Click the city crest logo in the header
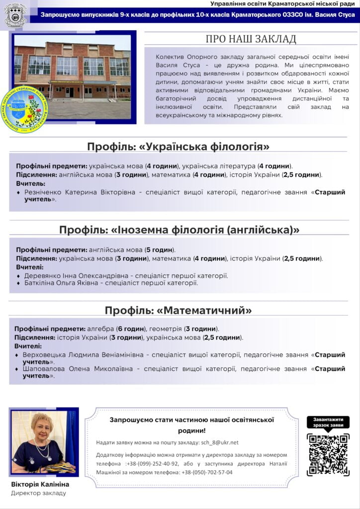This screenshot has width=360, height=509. click(15, 15)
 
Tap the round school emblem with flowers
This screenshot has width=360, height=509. click(24, 110)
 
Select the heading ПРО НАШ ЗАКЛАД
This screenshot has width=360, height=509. click(251, 39)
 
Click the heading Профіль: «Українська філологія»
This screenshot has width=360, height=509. click(179, 147)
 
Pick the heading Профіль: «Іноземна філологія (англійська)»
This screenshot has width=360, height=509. click(179, 230)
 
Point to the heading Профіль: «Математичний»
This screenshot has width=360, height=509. click(179, 311)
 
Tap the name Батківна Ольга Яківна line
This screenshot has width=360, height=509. click(59, 283)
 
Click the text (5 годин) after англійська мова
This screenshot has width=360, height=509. click(160, 250)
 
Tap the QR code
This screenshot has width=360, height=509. click(328, 454)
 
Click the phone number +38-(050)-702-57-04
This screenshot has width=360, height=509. click(207, 472)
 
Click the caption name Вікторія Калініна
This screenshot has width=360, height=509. click(40, 484)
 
